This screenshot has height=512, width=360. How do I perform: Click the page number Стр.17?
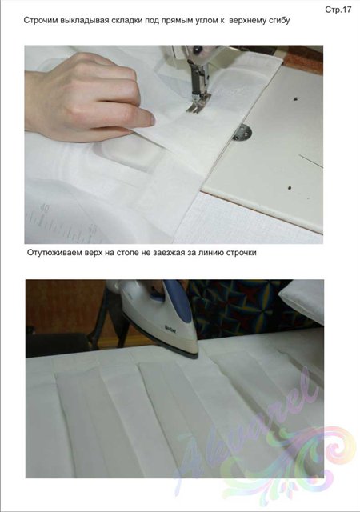[x=338, y=10]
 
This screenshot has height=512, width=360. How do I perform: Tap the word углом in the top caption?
[x=205, y=21]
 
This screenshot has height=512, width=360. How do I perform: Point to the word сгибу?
[x=278, y=21]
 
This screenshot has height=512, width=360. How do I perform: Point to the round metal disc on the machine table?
[x=242, y=133]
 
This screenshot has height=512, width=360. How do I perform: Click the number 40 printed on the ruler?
[x=45, y=208]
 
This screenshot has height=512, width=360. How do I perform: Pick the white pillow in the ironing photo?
[x=302, y=299]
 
